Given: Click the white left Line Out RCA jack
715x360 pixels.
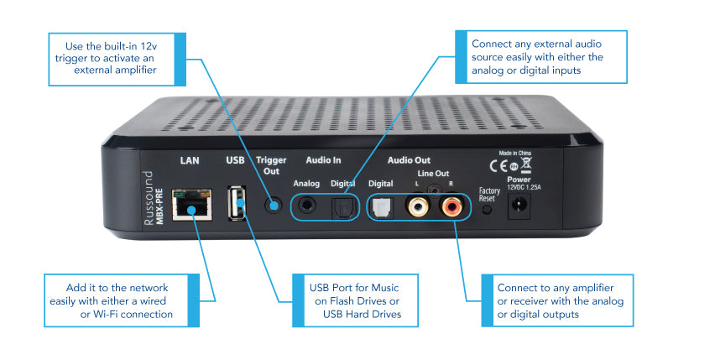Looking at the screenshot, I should (x=416, y=204).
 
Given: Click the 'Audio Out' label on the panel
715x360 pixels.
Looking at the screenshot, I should (x=410, y=159).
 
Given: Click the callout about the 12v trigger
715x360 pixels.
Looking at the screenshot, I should (x=105, y=60).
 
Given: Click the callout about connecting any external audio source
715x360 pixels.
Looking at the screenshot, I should (x=541, y=56).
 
